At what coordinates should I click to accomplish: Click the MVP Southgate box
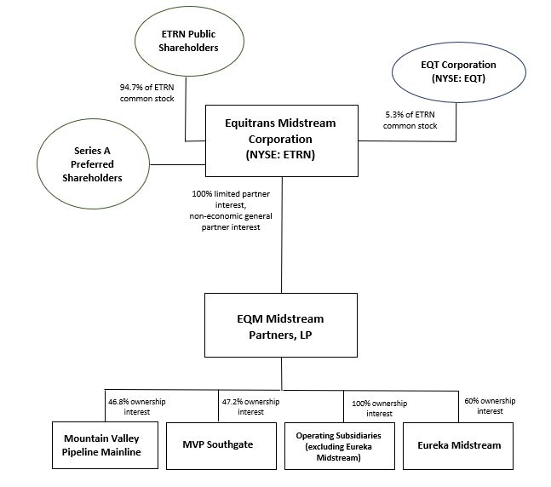tap(219, 445)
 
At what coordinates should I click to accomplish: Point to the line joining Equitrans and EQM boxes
tap(283, 255)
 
